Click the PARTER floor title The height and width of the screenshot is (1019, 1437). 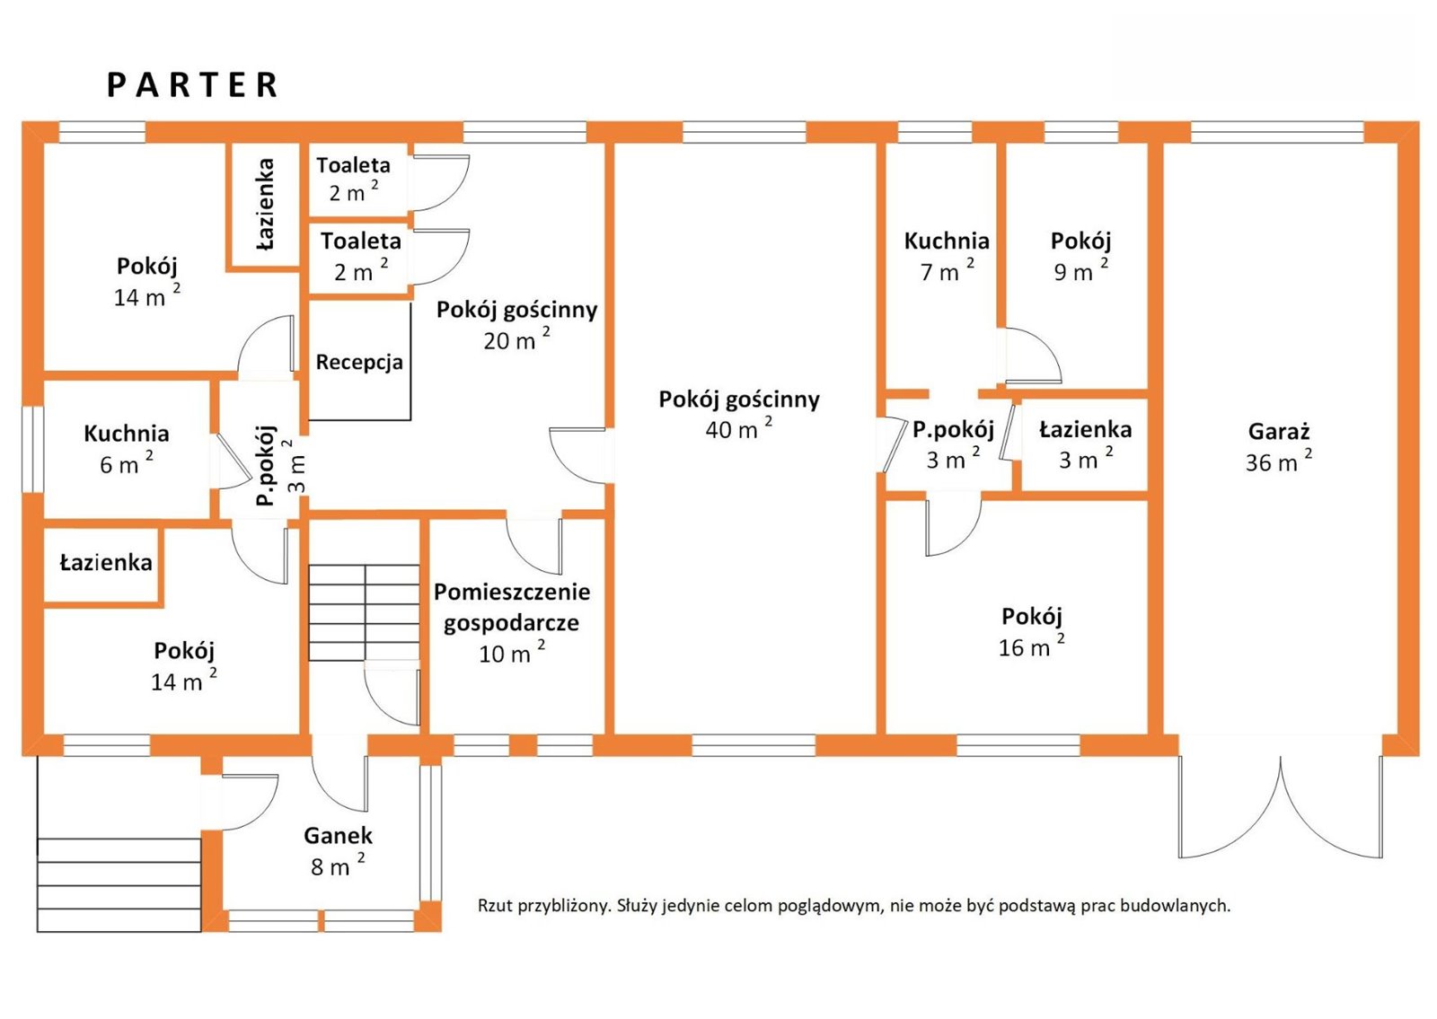[192, 85]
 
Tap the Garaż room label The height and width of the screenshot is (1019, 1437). [1278, 432]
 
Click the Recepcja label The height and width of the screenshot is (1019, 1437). [359, 363]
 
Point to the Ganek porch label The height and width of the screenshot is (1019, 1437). [338, 836]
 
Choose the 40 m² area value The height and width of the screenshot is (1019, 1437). [737, 429]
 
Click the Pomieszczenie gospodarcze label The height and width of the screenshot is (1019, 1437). [512, 607]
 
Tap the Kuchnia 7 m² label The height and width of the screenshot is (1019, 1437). [947, 242]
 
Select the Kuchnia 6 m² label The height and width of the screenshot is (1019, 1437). [126, 434]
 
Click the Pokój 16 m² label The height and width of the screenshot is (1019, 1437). [1032, 617]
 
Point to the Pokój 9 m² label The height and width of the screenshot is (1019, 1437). [1080, 242]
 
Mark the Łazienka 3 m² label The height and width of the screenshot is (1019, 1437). [1085, 430]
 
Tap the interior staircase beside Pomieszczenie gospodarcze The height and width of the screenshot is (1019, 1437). [364, 612]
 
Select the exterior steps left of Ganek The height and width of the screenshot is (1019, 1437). [119, 884]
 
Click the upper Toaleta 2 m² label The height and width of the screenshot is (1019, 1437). [353, 165]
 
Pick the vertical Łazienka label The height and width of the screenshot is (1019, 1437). [265, 204]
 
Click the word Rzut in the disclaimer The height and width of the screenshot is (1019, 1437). [495, 906]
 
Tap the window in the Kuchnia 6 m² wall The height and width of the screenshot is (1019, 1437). [32, 449]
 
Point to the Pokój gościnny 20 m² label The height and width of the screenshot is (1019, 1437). [516, 311]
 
